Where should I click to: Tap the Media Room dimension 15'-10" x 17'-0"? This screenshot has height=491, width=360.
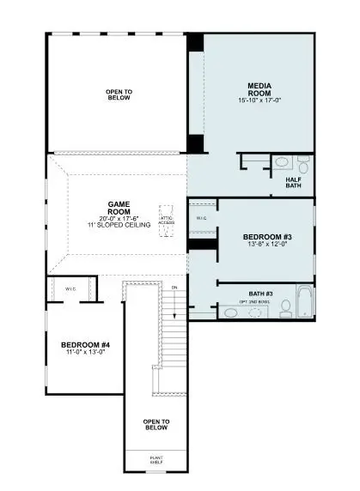tap(259, 100)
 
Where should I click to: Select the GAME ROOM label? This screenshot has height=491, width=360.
tap(119, 209)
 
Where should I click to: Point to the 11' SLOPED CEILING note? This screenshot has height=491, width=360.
tap(119, 225)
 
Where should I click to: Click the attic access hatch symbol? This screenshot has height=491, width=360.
tap(166, 215)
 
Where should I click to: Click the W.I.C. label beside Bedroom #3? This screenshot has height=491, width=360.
tap(201, 218)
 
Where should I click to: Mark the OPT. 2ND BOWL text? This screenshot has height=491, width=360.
tap(256, 301)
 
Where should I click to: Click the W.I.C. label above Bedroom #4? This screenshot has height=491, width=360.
tap(70, 288)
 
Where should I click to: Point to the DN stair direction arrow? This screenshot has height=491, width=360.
tap(174, 296)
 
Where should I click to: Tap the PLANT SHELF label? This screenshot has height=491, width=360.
tap(156, 460)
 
